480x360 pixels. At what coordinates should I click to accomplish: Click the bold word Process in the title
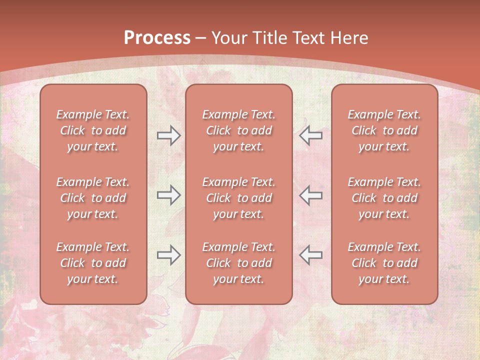[157, 38]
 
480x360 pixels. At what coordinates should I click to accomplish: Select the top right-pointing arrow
[169, 135]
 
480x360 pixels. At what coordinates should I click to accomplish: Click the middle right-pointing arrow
[169, 195]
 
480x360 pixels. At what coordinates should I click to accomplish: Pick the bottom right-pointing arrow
[169, 255]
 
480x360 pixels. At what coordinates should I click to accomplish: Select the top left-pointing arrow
[310, 135]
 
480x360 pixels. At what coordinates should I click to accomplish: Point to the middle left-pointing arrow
[310, 195]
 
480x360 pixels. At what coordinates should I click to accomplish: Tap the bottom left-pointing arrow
[310, 255]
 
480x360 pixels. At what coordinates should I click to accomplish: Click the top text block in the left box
[93, 130]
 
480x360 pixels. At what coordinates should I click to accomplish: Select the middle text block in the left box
[93, 198]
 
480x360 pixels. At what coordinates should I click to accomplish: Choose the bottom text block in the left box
[93, 263]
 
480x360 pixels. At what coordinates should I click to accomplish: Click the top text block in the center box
[238, 130]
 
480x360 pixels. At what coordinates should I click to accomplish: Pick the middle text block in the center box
[238, 198]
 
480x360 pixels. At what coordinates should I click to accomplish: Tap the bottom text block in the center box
[238, 263]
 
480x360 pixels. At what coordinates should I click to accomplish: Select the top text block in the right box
[384, 130]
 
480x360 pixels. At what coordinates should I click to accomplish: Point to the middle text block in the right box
[384, 198]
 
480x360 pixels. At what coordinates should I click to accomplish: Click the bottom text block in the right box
[384, 263]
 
